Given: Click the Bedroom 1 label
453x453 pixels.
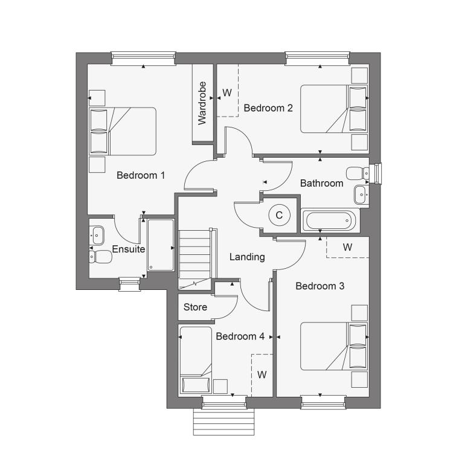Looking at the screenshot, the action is point(141,175).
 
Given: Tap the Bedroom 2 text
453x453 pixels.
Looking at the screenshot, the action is point(268,108).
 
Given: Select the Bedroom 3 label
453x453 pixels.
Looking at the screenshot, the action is point(320,286).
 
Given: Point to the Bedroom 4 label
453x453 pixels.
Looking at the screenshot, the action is point(240,336).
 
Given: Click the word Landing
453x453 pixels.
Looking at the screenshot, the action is point(247,257).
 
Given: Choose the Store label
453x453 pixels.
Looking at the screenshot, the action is point(195,307).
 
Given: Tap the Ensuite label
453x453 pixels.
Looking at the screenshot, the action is point(129,249).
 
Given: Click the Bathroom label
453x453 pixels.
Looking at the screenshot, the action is point(321,183).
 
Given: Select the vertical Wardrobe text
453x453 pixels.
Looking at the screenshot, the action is point(202,103).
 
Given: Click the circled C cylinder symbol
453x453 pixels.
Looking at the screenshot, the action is point(279,215).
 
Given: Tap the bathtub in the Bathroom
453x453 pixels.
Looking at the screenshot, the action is point(330,220).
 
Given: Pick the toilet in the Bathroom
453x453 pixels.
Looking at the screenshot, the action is point(358,173).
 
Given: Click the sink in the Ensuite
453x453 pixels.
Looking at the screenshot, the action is point(97,235).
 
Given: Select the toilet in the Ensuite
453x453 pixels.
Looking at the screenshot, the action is point(100,257).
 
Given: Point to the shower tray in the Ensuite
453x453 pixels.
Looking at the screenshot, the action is point(161,245).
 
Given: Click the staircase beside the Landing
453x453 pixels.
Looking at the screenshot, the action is point(196,260).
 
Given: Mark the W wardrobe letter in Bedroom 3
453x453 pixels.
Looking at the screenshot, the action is point(347,247).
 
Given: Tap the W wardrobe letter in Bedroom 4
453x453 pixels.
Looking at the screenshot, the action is point(262,374).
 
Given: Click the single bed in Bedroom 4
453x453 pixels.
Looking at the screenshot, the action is point(196,360).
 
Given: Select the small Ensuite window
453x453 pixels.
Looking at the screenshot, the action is point(130,284).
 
